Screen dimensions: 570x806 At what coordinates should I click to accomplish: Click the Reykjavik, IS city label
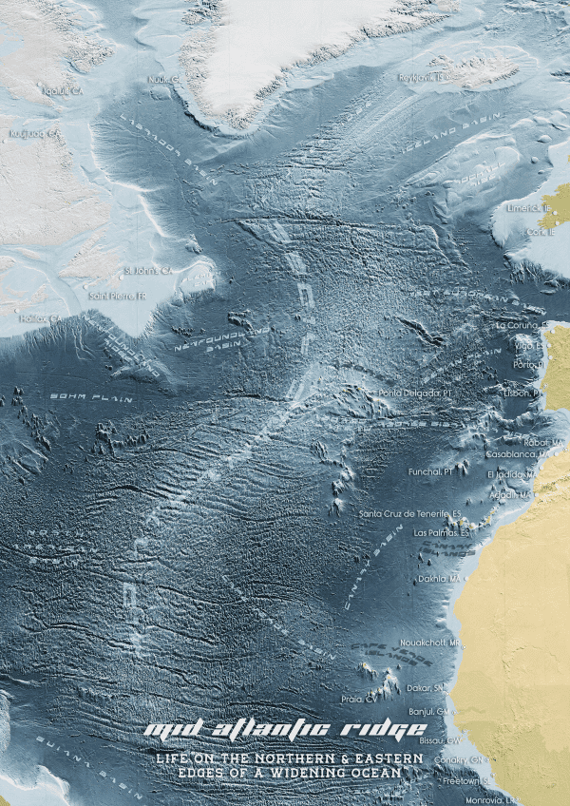pos(422,77)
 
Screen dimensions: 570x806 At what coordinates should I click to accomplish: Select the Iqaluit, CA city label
pos(38,91)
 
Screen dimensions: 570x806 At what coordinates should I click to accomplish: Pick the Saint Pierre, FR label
pos(118,296)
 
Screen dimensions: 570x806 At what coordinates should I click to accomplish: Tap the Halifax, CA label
pos(38,318)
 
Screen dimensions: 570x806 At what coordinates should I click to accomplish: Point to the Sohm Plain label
pos(91,395)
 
